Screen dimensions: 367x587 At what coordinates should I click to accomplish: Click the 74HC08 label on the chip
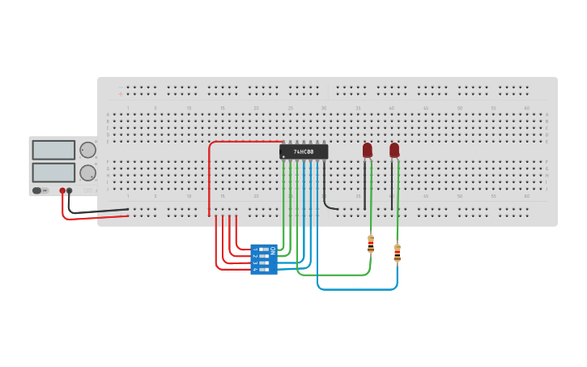click(304, 151)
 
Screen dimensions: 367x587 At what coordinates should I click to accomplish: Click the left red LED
click(367, 150)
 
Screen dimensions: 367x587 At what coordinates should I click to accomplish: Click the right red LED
click(394, 150)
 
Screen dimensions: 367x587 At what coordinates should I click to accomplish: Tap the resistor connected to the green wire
click(371, 244)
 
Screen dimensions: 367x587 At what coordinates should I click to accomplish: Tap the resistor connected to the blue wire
click(397, 254)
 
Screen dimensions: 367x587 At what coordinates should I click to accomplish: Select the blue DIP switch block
click(264, 259)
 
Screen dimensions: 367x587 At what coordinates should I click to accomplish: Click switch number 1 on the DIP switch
click(263, 249)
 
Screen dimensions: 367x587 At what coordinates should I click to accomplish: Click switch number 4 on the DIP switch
click(263, 269)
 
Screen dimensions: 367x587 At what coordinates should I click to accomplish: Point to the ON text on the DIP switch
click(273, 250)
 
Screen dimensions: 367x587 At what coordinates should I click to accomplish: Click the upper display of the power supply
click(53, 150)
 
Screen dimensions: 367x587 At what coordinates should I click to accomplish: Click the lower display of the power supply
click(53, 173)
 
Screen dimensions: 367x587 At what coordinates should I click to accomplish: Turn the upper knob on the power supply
click(87, 150)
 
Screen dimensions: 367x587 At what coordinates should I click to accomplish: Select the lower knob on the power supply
click(87, 173)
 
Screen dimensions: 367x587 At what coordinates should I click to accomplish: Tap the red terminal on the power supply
click(62, 191)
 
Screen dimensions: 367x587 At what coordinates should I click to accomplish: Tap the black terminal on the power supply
click(70, 191)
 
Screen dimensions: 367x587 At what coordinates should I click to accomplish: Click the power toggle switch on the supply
click(37, 191)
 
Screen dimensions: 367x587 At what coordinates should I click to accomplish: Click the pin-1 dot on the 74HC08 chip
click(283, 156)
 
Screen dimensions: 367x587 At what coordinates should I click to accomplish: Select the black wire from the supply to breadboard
click(97, 211)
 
